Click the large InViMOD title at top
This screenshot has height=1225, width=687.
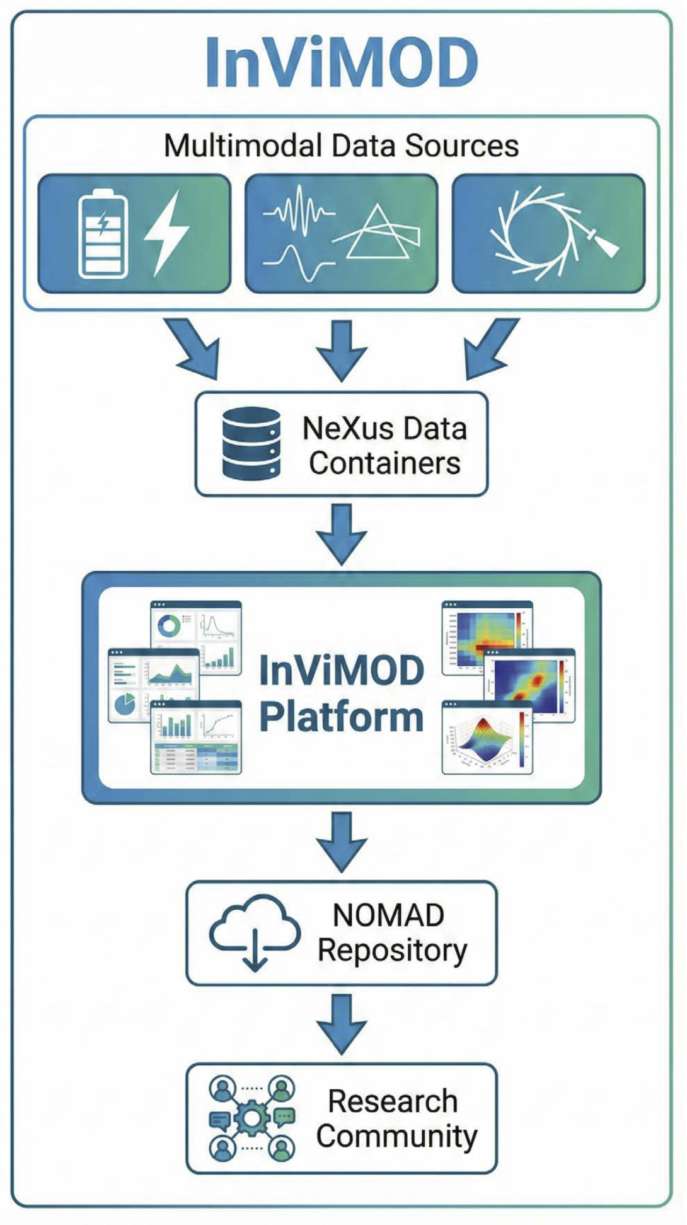(342, 63)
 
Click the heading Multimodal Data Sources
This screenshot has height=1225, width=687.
(341, 146)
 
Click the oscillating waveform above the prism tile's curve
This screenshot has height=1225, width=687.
(299, 211)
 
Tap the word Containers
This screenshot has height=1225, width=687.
(384, 463)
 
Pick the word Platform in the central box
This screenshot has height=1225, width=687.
(341, 717)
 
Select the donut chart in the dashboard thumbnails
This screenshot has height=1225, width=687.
(169, 626)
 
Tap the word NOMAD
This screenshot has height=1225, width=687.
(388, 915)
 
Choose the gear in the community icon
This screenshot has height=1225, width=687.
(251, 1118)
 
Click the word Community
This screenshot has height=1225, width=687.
(396, 1136)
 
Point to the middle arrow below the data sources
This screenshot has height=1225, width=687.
(342, 350)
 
